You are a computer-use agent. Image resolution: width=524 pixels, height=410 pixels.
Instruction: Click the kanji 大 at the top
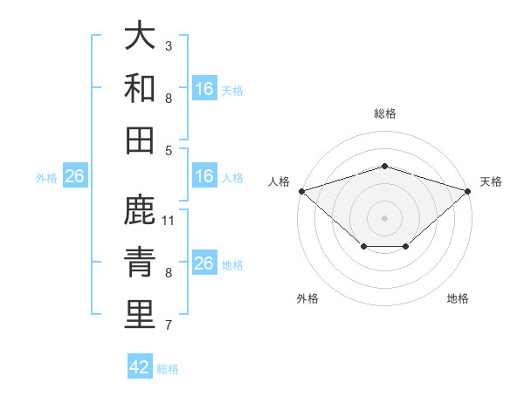(140, 34)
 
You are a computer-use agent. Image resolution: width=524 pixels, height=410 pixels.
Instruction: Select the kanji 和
(140, 87)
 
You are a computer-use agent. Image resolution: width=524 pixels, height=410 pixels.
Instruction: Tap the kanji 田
(140, 140)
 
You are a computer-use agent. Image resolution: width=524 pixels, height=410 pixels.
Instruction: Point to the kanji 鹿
(140, 209)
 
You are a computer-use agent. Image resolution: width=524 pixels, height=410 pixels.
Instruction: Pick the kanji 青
(140, 262)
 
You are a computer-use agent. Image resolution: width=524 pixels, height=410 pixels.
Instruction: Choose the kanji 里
(140, 314)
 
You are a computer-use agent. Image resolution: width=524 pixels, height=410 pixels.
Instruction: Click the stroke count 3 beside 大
(169, 45)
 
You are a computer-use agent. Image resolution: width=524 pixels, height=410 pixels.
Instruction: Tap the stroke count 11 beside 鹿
(168, 221)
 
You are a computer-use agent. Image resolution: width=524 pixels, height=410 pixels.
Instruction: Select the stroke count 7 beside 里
(169, 325)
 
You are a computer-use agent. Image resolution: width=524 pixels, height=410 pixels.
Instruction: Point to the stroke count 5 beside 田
(169, 151)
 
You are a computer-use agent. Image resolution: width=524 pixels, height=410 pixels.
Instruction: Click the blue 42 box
(140, 366)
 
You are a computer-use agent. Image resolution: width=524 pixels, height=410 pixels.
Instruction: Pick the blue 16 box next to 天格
(205, 88)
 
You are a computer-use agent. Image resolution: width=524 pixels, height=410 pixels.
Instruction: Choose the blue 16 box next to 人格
(205, 175)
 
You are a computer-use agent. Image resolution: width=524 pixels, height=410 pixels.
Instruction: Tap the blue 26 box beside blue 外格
(75, 175)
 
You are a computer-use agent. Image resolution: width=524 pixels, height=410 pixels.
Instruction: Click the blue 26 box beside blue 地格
(205, 262)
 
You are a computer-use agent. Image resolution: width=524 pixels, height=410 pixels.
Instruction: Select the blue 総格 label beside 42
(168, 369)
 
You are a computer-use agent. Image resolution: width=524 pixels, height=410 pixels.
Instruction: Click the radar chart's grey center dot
(384, 218)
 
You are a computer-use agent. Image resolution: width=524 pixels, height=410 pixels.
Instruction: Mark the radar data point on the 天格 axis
(468, 191)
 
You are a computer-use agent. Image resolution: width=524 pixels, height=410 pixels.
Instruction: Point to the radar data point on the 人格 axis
(302, 191)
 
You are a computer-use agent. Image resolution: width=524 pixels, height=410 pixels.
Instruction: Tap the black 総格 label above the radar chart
(385, 113)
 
